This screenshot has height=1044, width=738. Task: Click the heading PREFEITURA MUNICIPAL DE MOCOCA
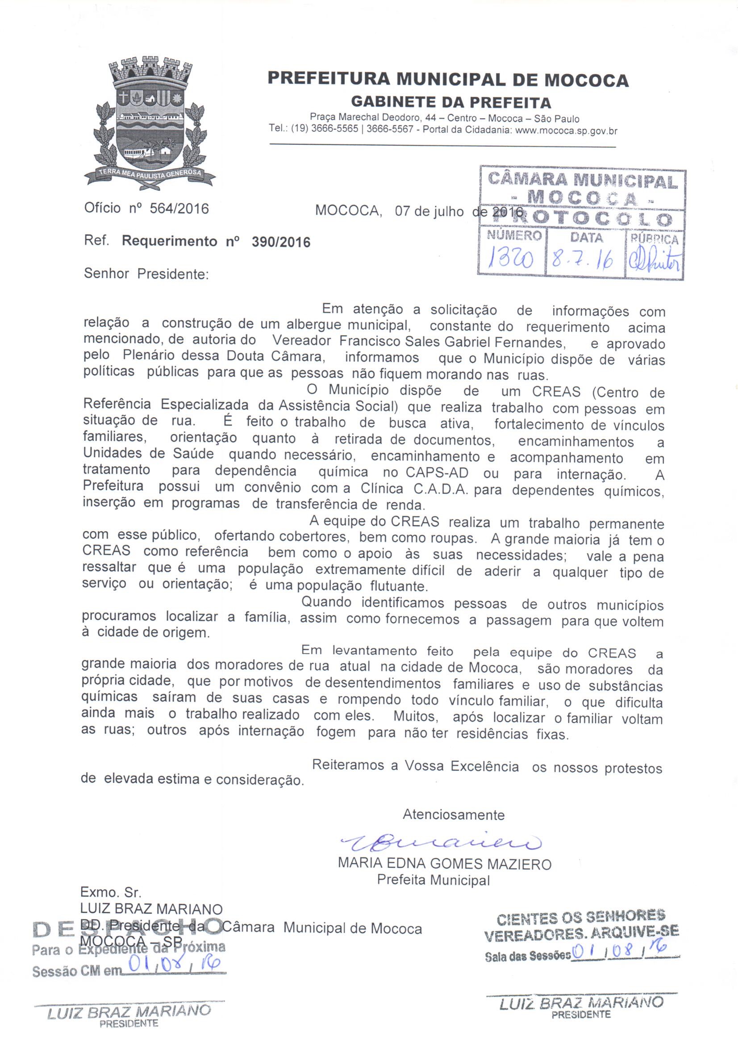pos(448,79)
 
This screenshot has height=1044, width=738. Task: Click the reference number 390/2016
pos(280,242)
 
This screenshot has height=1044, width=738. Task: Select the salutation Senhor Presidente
pos(146,274)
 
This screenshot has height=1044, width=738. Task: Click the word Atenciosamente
pos(453,814)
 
